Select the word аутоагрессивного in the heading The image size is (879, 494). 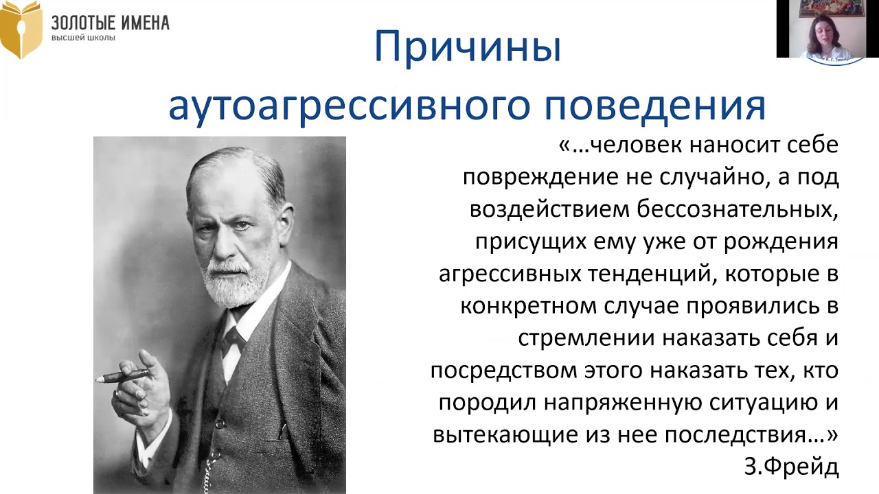(x=351, y=106)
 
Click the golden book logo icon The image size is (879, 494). (x=21, y=30)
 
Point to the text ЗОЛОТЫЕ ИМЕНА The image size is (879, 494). (x=110, y=23)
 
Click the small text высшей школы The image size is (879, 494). (x=83, y=38)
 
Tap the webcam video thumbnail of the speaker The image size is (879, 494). (x=827, y=29)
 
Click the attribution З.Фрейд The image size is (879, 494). (x=791, y=467)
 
